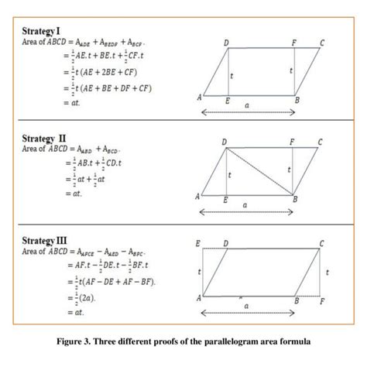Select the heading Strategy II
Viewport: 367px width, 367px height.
[x=46, y=138]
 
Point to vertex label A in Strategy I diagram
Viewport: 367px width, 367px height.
[x=200, y=98]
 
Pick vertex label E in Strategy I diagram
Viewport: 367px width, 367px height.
[x=227, y=101]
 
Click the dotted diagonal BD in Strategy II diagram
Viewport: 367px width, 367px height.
[x=259, y=171]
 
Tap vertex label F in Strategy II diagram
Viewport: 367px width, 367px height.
[x=292, y=142]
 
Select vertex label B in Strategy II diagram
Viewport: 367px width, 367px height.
[x=295, y=200]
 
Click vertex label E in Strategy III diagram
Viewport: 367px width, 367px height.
[x=199, y=243]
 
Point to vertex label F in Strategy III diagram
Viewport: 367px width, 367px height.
[x=322, y=300]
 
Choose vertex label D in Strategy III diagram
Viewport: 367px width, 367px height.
[x=225, y=243]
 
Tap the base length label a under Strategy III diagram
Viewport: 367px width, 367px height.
[x=246, y=307]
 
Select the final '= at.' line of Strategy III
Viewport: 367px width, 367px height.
[x=75, y=313]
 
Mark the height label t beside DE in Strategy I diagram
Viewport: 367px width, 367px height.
[x=233, y=75]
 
